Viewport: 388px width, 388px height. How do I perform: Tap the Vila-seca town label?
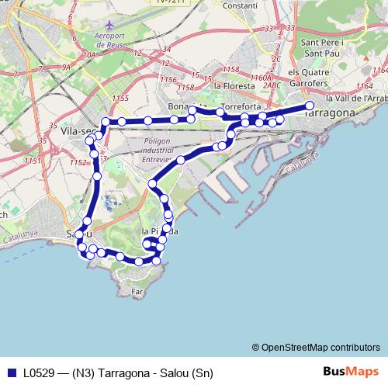pyautogui.click(x=75, y=133)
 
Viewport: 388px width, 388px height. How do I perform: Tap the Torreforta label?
pyautogui.click(x=241, y=106)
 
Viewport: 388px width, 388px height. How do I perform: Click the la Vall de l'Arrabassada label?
pyautogui.click(x=356, y=99)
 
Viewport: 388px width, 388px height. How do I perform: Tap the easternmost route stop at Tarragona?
pyautogui.click(x=310, y=106)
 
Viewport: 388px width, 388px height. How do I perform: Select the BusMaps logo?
pyautogui.click(x=350, y=372)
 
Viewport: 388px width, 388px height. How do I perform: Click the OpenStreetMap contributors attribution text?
pyautogui.click(x=315, y=347)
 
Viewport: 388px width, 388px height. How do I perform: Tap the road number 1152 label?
pyautogui.click(x=77, y=162)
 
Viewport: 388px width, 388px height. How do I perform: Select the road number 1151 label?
pyautogui.click(x=32, y=161)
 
